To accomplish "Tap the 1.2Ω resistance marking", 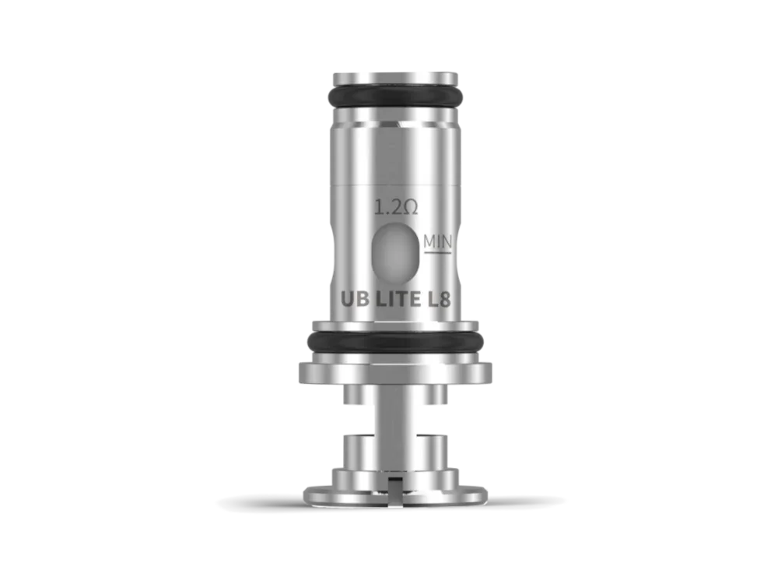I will coord(397,208).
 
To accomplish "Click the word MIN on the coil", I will coord(438,241).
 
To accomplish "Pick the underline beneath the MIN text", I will coord(438,252).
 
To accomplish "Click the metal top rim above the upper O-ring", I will coord(397,77).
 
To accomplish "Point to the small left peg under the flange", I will coord(351,398).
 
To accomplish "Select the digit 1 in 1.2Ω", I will coord(380,208).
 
